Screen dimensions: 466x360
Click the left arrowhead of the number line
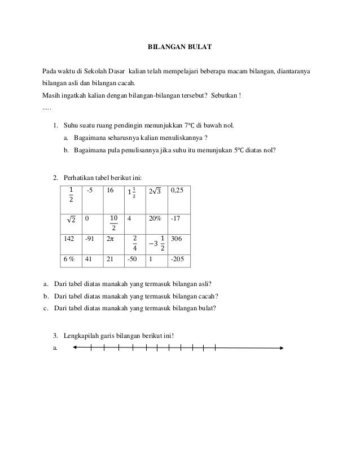pyautogui.click(x=75, y=348)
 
